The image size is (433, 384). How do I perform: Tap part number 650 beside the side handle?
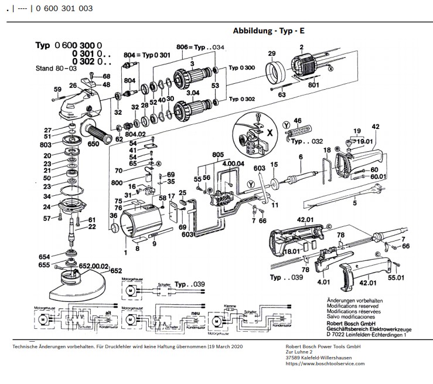click(94, 144)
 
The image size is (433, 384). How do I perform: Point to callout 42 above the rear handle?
click(376, 126)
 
